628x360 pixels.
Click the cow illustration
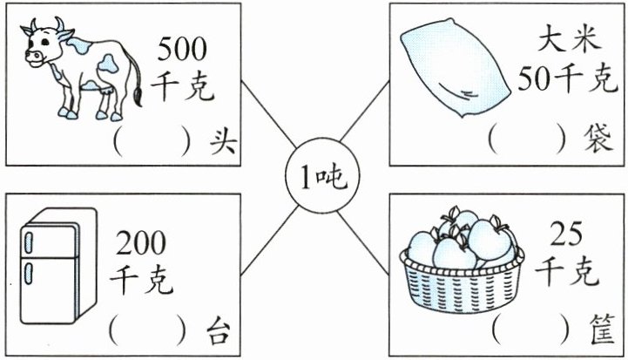pyautogui.click(x=83, y=70)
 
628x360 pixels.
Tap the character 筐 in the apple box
pyautogui.click(x=601, y=332)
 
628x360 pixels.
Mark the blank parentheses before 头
pyautogui.click(x=151, y=141)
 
